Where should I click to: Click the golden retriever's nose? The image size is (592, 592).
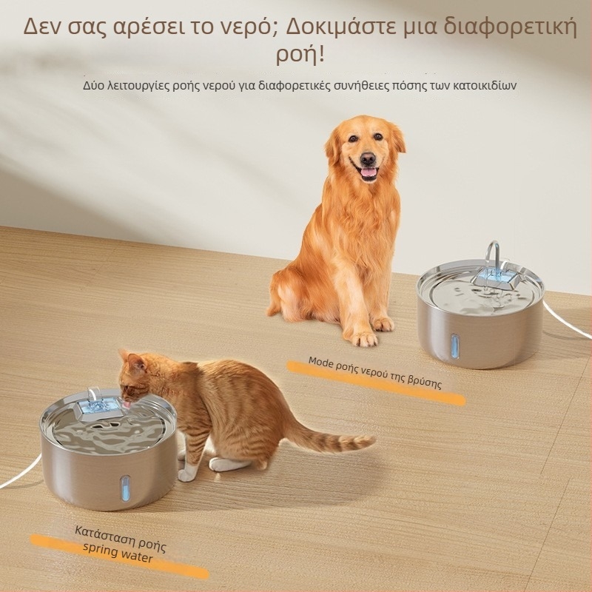pos(367,160)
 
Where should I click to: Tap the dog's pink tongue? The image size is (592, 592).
pos(369,173)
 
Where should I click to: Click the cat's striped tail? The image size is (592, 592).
pos(329,437)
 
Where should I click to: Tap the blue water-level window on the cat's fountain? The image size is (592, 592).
pos(125,488)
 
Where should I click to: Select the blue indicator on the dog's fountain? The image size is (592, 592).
pos(454,345)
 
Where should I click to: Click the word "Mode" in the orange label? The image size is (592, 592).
pos(321,362)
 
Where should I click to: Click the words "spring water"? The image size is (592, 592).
pos(118,553)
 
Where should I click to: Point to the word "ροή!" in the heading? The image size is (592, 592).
pos(300,55)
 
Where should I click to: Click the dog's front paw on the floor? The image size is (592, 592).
pos(364,339)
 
